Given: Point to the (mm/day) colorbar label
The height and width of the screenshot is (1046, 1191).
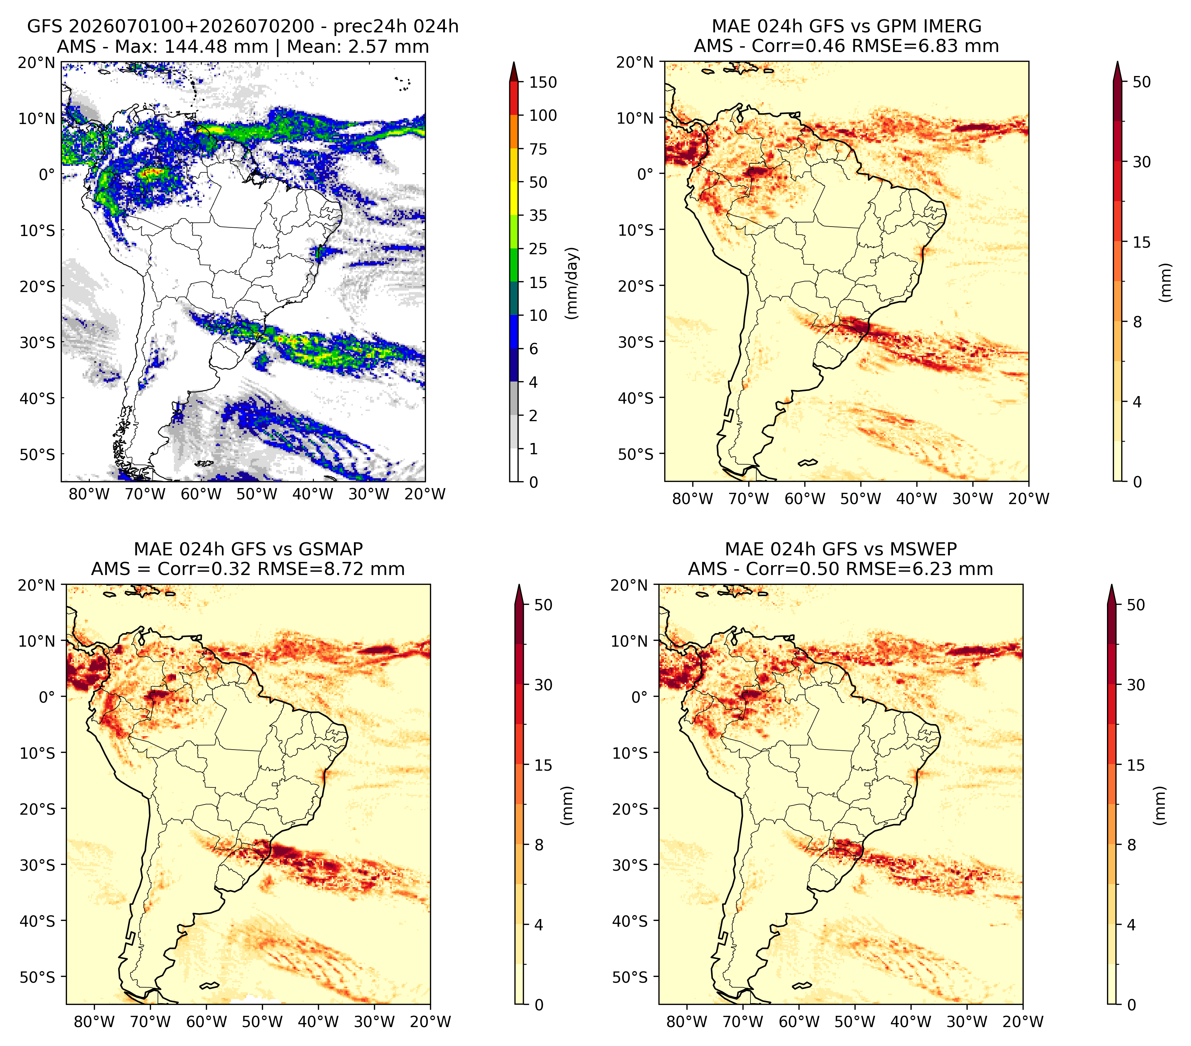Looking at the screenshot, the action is pos(572,283).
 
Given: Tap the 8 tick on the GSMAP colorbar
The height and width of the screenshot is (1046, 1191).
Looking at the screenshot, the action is pos(538,845).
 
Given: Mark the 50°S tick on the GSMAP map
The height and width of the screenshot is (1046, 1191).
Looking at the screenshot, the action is pos(42,977).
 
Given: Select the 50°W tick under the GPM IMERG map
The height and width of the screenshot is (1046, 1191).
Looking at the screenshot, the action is pos(861,499).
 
